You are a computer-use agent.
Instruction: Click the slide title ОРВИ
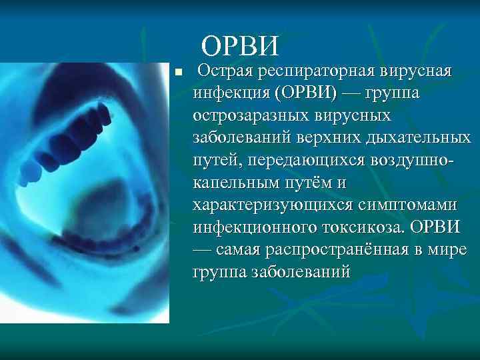click(239, 46)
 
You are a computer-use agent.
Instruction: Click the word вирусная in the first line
click(417, 70)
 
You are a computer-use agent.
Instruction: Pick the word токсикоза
click(354, 228)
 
